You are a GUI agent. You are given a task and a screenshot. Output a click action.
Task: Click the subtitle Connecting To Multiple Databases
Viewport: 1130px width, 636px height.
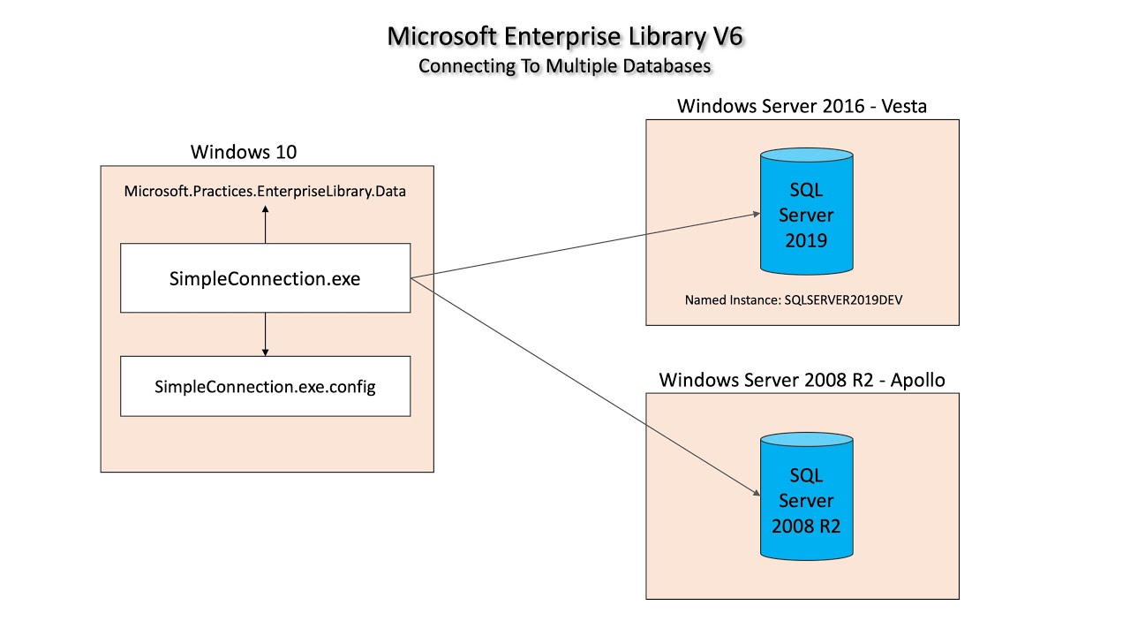(x=564, y=65)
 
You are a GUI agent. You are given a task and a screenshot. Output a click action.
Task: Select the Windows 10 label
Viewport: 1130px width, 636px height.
(x=244, y=152)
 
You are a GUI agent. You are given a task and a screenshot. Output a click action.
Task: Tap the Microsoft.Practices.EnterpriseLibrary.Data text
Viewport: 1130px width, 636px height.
(x=265, y=191)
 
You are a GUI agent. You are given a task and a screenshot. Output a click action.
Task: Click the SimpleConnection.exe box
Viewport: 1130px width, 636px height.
(x=265, y=278)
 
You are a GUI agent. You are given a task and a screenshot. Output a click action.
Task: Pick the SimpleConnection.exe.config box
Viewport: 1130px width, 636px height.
(x=265, y=387)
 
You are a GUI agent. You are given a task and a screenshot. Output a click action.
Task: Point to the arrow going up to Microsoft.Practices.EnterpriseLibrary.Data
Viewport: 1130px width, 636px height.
(x=265, y=224)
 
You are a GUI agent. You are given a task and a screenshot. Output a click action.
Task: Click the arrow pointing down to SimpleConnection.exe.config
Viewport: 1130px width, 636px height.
(x=265, y=336)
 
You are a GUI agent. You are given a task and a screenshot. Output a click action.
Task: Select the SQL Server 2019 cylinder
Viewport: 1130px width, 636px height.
(x=806, y=212)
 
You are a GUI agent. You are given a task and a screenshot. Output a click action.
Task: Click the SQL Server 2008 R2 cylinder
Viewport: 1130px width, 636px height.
(x=806, y=499)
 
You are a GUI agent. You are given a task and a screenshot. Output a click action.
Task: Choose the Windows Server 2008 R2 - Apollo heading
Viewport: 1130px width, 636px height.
(x=802, y=381)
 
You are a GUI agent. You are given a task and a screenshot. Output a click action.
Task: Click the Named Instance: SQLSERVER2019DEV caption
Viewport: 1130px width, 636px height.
(x=794, y=300)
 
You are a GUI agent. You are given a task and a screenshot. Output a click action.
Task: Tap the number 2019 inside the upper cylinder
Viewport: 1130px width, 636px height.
(x=806, y=239)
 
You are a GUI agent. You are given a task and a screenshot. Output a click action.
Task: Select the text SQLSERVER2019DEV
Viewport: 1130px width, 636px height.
(x=843, y=300)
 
